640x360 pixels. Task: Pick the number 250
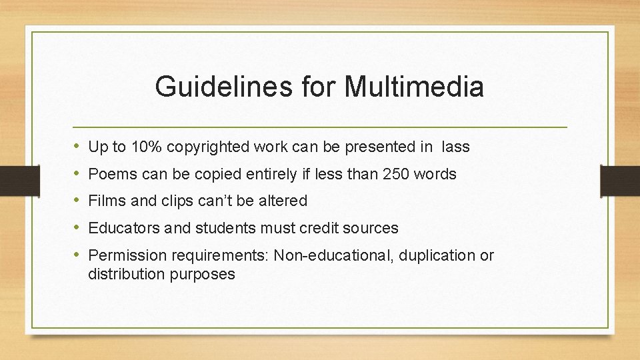click(395, 175)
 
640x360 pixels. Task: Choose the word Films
click(105, 201)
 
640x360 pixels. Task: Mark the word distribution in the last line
click(123, 274)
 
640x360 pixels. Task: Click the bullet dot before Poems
click(77, 174)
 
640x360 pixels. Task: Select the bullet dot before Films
click(77, 200)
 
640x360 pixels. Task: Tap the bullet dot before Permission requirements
click(77, 255)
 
